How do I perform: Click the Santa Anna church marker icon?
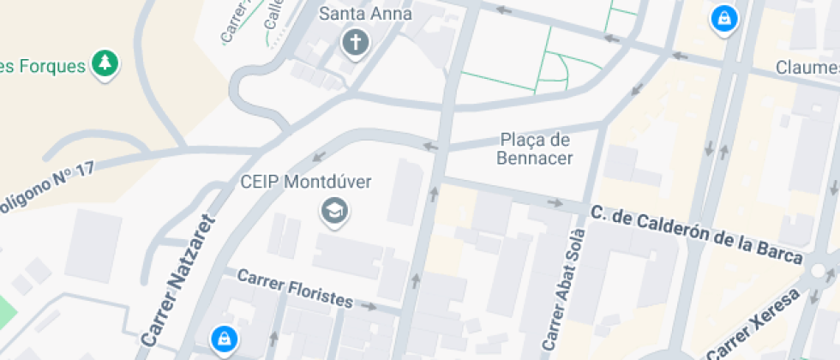(355, 41)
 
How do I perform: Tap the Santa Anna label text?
(365, 14)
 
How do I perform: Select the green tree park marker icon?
(105, 63)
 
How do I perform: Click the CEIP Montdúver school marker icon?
(333, 210)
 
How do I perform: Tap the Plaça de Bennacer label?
(535, 148)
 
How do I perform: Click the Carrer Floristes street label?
(295, 289)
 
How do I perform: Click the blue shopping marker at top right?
(724, 17)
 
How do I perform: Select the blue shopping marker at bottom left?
(224, 338)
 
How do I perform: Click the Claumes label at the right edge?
(807, 67)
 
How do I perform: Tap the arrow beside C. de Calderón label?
(556, 203)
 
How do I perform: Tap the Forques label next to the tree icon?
(43, 65)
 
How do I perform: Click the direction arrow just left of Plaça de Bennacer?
(429, 147)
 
